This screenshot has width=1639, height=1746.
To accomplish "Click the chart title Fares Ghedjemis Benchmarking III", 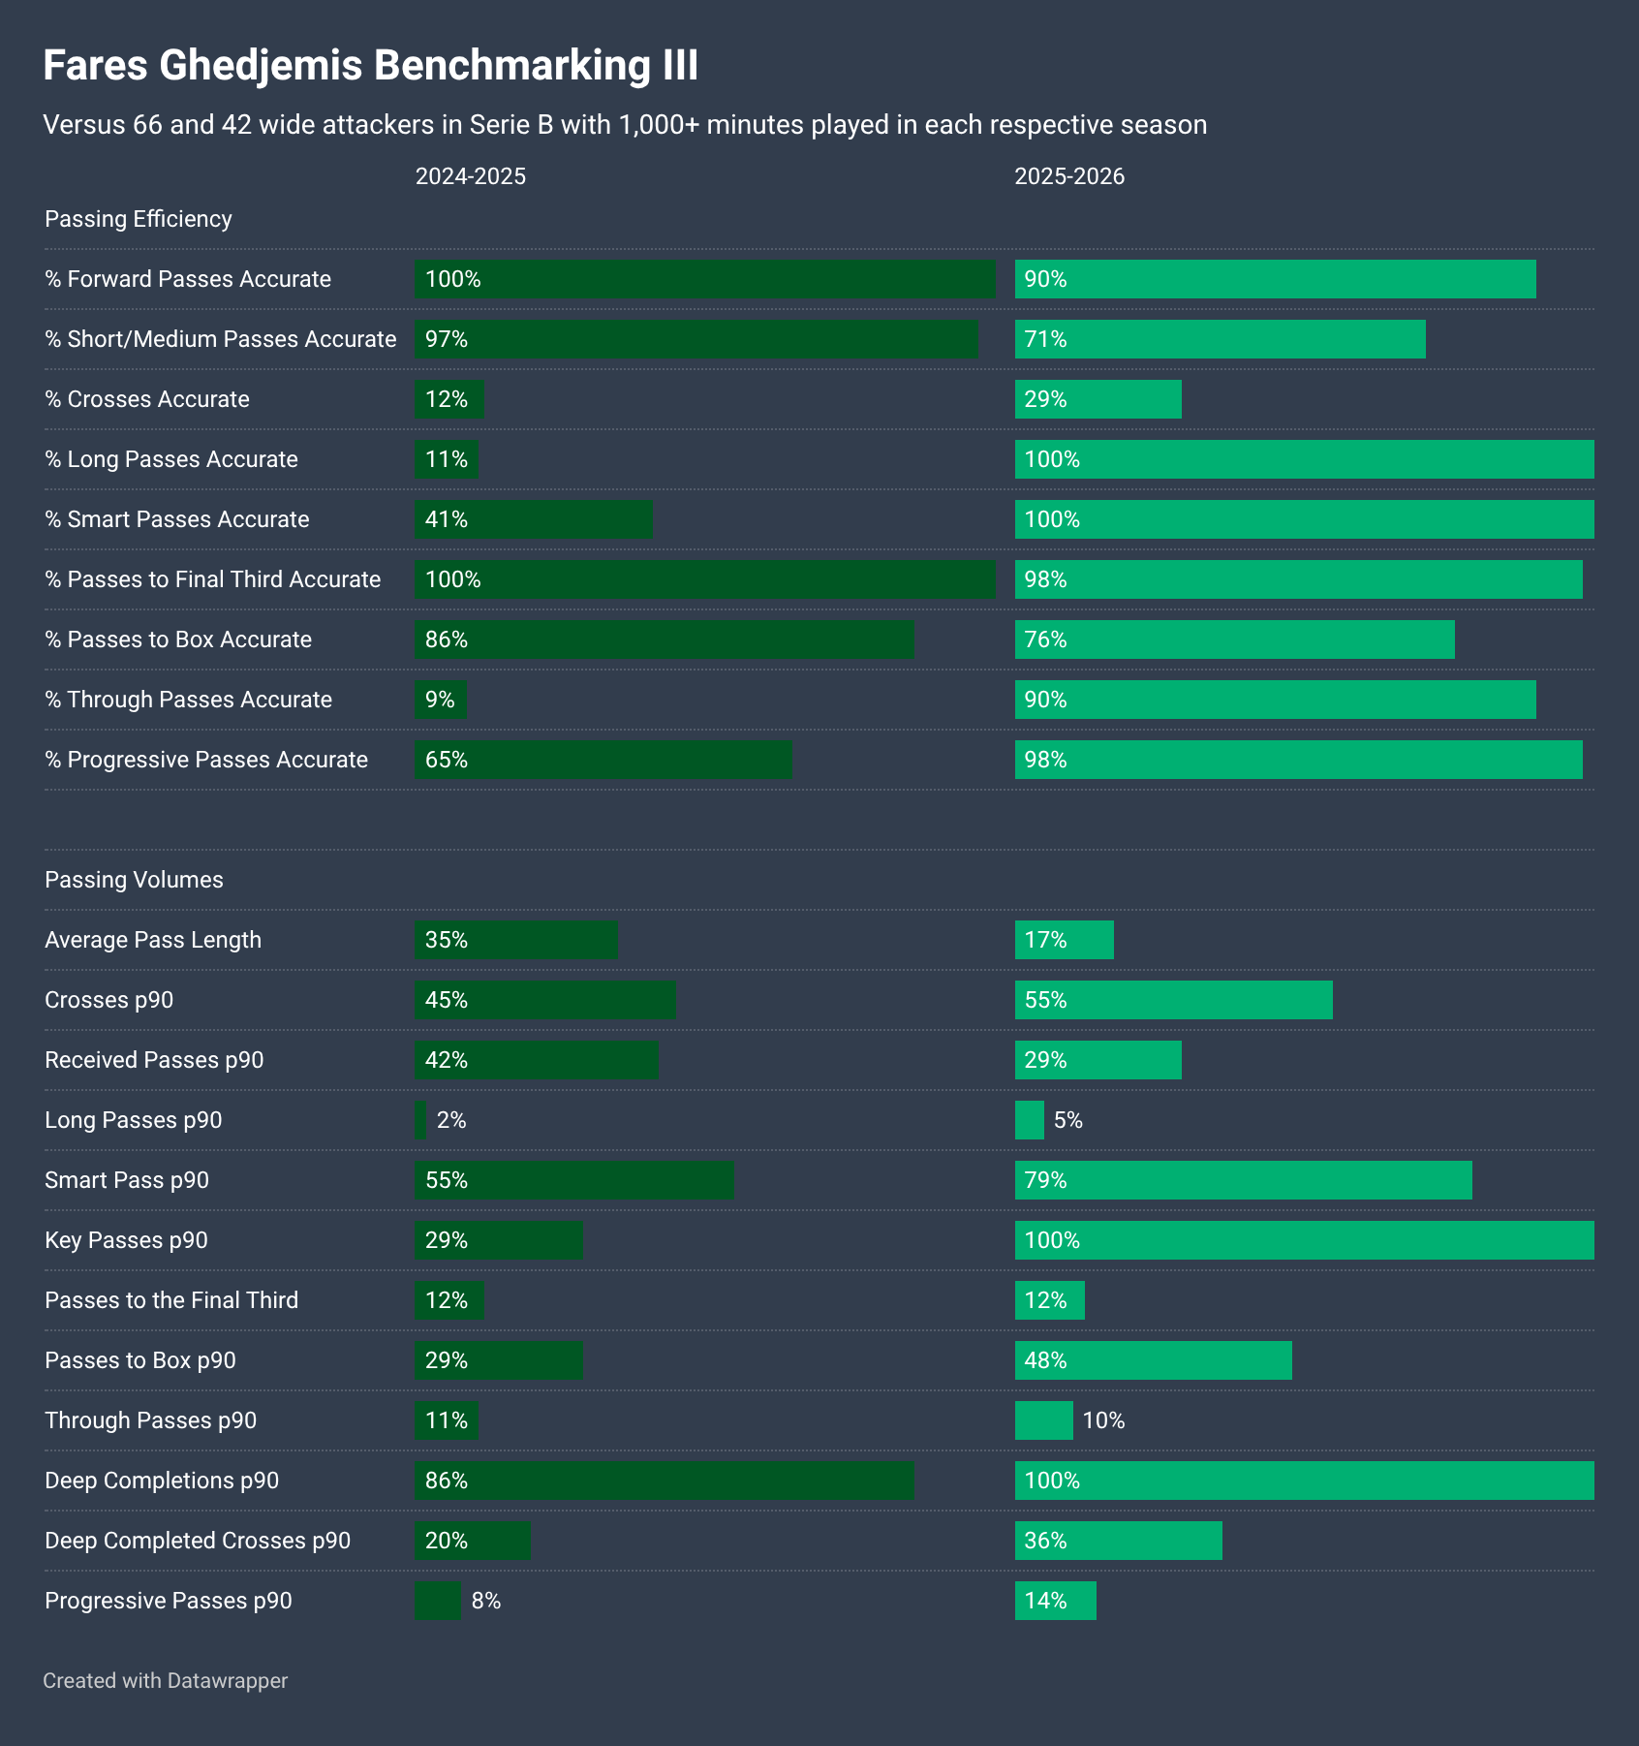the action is point(370,66).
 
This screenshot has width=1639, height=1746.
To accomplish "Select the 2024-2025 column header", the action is point(471,176).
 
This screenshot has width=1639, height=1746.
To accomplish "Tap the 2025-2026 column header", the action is point(1069,176).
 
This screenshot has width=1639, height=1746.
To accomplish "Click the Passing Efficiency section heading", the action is point(139,219).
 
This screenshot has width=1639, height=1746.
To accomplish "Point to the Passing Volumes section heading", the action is point(134,880).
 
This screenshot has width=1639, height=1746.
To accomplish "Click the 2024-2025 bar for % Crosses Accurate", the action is point(449,399).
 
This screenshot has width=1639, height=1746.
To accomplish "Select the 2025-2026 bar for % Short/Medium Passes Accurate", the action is point(1221,339).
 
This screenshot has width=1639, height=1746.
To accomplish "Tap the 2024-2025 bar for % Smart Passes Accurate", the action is point(534,519).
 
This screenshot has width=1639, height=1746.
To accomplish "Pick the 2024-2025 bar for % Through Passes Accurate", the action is point(441,700).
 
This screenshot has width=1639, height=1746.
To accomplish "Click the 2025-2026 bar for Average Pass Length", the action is point(1065,940).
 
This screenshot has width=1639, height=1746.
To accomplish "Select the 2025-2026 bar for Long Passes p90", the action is point(1030,1120).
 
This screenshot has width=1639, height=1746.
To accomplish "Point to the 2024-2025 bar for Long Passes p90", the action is point(420,1120).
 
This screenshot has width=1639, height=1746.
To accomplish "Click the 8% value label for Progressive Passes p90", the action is point(486,1601).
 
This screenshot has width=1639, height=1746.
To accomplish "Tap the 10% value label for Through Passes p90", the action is point(1103,1420).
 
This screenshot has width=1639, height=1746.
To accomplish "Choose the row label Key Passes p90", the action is point(126,1240).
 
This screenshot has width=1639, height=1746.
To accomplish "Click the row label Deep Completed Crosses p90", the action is point(198,1541).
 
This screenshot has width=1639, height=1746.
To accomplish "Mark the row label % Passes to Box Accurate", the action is point(178,639).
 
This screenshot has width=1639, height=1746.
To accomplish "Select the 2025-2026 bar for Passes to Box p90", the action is point(1154,1360).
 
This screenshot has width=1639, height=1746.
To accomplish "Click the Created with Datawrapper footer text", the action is point(166,1680).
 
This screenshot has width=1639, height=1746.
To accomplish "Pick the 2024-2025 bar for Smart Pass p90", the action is point(574,1180).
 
